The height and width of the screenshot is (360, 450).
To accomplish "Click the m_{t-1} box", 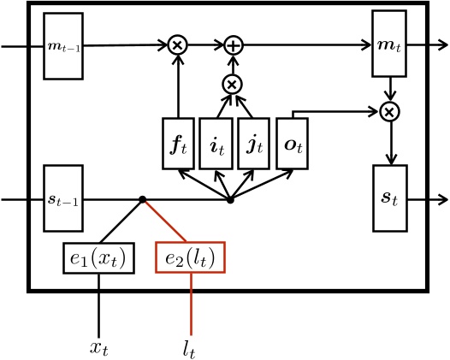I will click(x=63, y=46).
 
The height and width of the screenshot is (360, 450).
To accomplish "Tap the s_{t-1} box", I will click(x=63, y=198).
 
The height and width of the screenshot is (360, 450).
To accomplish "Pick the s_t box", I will click(x=391, y=198).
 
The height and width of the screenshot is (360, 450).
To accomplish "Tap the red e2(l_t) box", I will click(x=190, y=257).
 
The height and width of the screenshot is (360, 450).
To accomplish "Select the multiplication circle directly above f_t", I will click(x=177, y=44).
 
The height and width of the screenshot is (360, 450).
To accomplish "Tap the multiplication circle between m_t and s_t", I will click(x=390, y=110).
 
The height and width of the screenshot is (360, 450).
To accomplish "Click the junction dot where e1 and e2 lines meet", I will click(x=143, y=200).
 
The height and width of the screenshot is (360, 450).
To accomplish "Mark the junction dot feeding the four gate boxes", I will click(x=230, y=200).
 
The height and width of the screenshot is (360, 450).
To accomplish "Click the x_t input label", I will click(x=99, y=347).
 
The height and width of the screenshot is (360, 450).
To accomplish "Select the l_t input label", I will click(x=190, y=347).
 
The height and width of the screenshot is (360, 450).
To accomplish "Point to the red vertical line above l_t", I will click(x=190, y=304).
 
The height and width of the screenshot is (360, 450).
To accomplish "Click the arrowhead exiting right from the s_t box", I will click(x=442, y=199).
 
